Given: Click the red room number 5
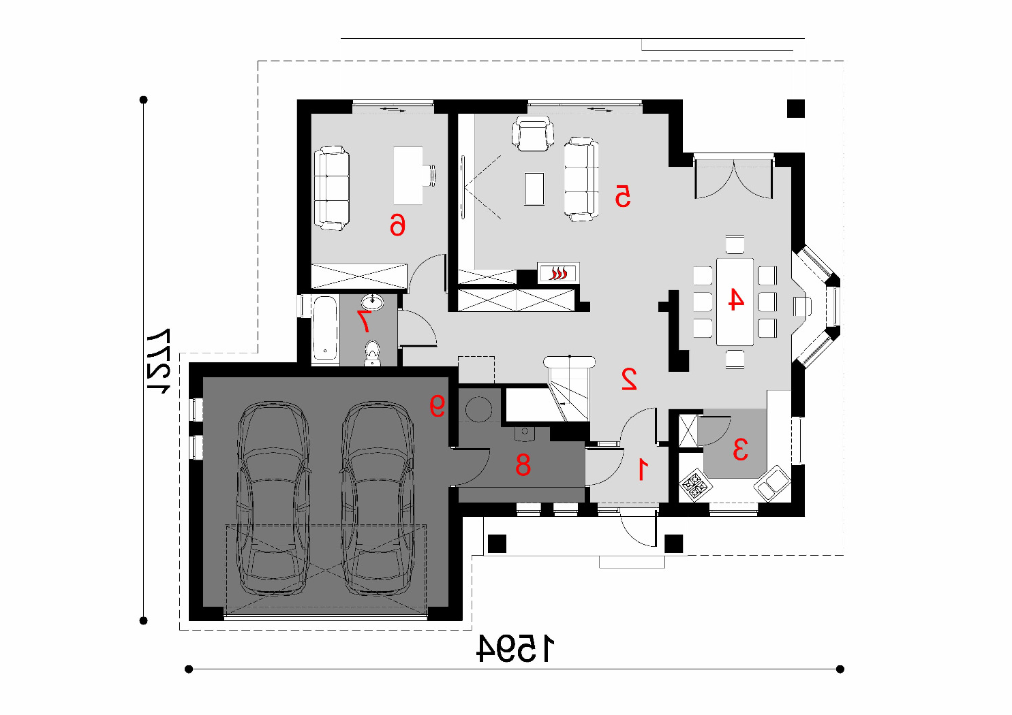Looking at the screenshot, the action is (x=623, y=195).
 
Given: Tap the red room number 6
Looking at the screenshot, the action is (x=397, y=224).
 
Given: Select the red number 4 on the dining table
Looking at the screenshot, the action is (x=736, y=299).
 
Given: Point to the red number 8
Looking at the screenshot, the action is (x=523, y=464).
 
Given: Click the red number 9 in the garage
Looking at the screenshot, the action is (x=438, y=405).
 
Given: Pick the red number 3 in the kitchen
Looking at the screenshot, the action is (x=740, y=449).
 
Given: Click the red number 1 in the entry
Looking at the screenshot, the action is (x=643, y=469).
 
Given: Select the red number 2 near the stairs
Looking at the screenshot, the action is (x=629, y=379).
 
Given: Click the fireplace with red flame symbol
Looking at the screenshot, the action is (x=558, y=273).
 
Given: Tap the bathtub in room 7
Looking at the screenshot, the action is (x=324, y=328).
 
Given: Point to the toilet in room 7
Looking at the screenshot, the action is (x=372, y=353).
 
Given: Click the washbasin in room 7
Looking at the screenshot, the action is (x=372, y=302).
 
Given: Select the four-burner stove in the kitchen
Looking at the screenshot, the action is (x=695, y=486).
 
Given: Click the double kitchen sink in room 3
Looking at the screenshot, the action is (x=771, y=483).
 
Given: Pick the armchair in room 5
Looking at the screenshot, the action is (x=533, y=133).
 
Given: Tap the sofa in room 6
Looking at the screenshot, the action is (x=332, y=188).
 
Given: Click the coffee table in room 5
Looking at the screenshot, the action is (x=534, y=189).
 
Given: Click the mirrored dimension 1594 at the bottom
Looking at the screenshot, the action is (x=515, y=649).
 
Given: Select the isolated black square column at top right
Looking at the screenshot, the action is (x=795, y=108).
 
